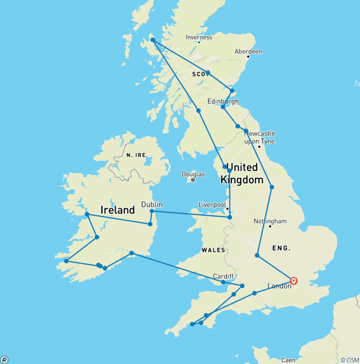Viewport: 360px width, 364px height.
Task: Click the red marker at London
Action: [294, 281]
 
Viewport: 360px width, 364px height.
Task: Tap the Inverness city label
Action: [199, 37]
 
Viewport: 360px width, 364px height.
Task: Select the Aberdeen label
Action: [248, 51]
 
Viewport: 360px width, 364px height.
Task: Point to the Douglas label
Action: [193, 174]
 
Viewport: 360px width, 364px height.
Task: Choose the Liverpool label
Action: [212, 205]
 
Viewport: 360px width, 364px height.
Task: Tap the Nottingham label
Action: [270, 221]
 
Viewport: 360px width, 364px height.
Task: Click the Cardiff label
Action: [223, 276]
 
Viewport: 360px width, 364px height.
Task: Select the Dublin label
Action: [152, 205]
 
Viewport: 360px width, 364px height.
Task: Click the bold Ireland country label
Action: [118, 210]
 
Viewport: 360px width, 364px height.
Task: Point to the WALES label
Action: [213, 250]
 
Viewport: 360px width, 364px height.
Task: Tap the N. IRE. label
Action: [137, 155]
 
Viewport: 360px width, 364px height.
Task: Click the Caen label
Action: [288, 360]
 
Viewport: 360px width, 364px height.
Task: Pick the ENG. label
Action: [281, 248]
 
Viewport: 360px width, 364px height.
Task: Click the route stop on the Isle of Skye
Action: [153, 40]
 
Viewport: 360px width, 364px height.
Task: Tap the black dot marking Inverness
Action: [199, 42]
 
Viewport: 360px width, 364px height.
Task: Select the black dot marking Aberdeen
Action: [248, 57]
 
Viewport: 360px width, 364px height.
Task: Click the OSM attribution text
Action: [350, 360]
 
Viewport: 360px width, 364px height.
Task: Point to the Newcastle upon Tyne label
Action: [259, 137]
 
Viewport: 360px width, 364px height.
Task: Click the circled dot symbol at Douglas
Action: [193, 180]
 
